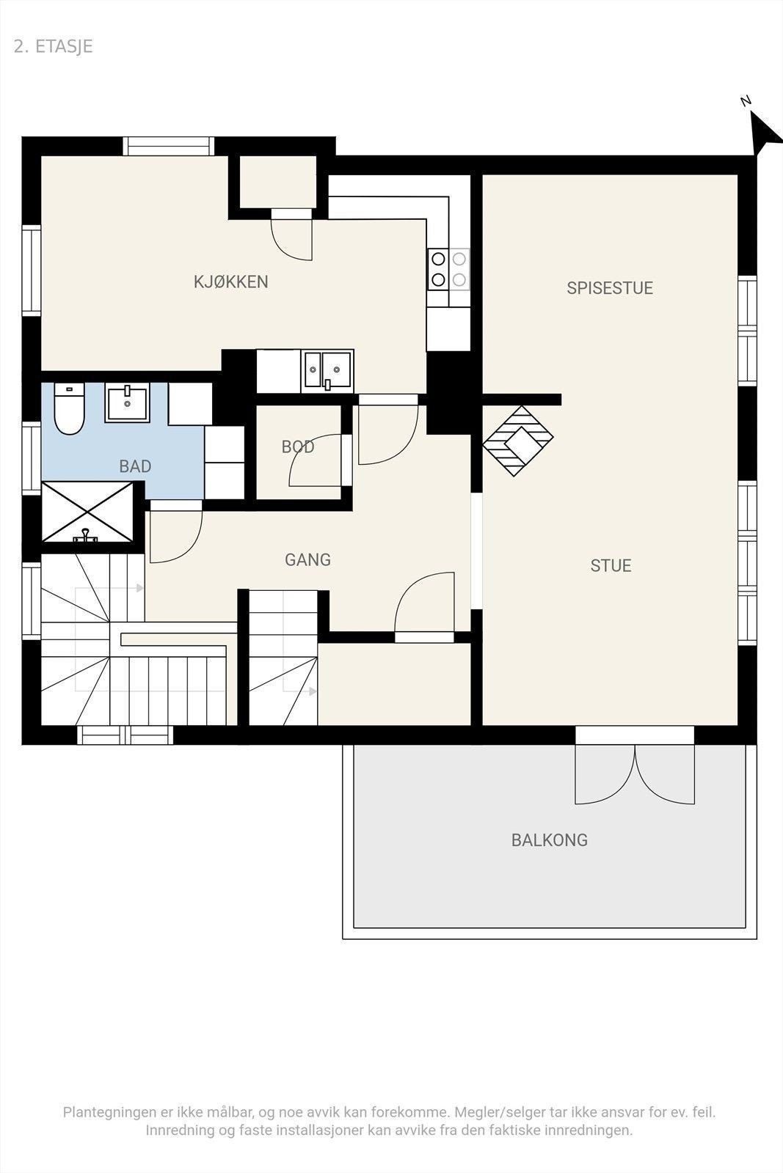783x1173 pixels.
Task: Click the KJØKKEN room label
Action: (230, 282)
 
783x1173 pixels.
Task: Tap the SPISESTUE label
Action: (610, 288)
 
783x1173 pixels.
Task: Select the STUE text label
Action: (611, 565)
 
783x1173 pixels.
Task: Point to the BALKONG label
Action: (549, 840)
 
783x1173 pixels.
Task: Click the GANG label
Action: (307, 560)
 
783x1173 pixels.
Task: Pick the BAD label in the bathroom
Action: (135, 466)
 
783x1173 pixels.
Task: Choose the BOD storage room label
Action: (298, 446)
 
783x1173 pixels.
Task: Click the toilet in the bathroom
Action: (69, 408)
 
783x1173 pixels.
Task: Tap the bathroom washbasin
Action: (127, 402)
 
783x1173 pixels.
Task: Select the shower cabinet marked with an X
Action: (87, 512)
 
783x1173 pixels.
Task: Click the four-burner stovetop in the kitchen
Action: (448, 269)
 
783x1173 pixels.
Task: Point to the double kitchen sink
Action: (327, 371)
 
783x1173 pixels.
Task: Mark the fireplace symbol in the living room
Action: (518, 441)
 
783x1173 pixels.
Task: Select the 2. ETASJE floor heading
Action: (54, 47)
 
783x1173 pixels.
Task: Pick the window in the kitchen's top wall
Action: (169, 146)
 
